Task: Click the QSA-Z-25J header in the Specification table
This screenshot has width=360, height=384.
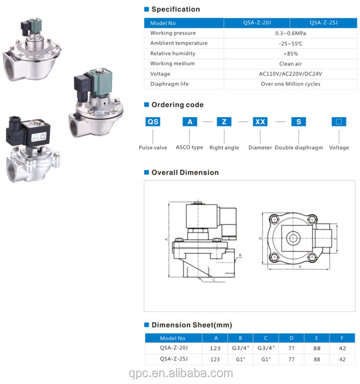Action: [323, 23]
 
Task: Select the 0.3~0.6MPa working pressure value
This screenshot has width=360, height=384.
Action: [290, 33]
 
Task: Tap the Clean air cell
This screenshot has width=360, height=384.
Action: [290, 64]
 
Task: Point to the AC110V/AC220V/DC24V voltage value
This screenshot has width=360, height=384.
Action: [290, 74]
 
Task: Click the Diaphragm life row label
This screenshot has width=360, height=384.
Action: [169, 84]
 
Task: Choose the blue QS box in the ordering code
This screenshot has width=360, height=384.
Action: [153, 122]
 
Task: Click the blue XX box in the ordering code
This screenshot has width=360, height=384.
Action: [260, 122]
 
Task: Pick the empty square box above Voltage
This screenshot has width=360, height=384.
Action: [339, 122]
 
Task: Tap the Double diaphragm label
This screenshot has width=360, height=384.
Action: [299, 147]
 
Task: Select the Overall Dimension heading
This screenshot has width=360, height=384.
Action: [185, 172]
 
